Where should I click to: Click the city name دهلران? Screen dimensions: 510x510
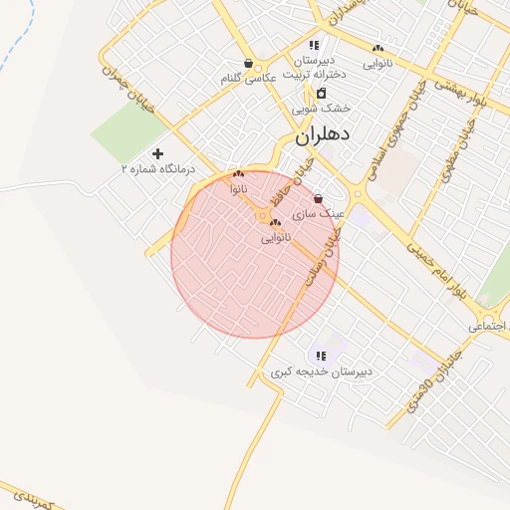click(321, 137)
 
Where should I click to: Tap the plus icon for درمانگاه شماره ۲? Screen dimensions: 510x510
click(157, 153)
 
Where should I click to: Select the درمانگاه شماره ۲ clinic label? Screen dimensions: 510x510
click(158, 170)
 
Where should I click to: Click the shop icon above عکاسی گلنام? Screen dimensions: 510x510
click(248, 63)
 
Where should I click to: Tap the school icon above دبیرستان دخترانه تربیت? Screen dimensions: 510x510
click(314, 45)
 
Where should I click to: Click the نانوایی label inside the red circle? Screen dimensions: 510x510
click(276, 239)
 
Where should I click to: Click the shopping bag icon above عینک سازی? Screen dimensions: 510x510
click(318, 198)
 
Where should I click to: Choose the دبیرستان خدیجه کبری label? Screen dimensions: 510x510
click(321, 372)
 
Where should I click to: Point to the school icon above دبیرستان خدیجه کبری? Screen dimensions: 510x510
click(320, 356)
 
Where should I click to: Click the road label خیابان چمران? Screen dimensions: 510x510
click(128, 87)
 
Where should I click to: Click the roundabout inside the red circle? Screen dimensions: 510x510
click(262, 215)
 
